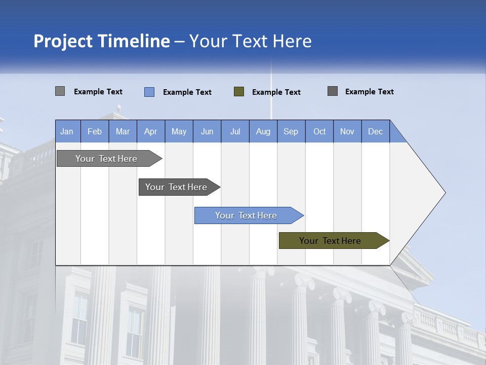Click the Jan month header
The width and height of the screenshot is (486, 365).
point(67,131)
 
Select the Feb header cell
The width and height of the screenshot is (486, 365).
point(95,131)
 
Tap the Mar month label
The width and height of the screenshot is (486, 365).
point(123,131)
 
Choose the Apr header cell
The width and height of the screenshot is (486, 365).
point(151,131)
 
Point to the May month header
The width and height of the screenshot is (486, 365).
point(179,131)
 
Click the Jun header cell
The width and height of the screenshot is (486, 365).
point(207,131)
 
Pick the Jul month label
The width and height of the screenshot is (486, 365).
point(235,131)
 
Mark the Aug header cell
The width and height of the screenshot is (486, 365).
point(263,131)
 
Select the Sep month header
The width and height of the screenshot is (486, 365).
point(291,131)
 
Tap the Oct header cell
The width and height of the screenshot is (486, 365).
point(319,131)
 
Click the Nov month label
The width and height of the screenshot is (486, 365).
point(347,131)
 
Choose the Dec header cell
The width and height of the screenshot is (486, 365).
point(376,131)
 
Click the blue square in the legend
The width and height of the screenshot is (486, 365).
point(149,92)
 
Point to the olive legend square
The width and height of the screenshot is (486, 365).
point(239,92)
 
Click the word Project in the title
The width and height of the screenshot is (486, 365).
point(63,41)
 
